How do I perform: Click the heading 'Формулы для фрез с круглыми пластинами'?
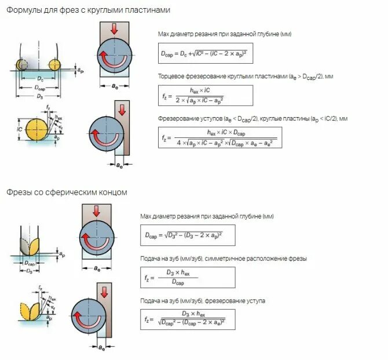88,10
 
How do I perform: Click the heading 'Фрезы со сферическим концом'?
67,192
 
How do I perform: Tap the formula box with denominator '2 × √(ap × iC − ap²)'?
206,95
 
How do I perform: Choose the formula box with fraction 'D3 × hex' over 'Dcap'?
188,277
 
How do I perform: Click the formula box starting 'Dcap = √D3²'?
188,235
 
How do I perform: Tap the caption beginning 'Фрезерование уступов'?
252,118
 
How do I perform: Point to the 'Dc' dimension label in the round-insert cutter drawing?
39,77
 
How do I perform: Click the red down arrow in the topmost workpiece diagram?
114,28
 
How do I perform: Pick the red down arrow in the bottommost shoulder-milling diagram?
105,290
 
